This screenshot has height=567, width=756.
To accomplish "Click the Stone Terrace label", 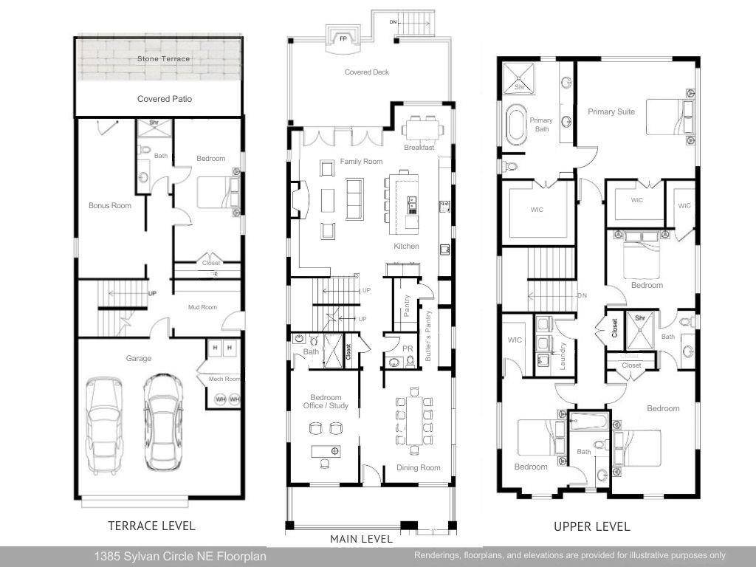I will pyautogui.click(x=163, y=58).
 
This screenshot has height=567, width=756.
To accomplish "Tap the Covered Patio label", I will pyautogui.click(x=165, y=99).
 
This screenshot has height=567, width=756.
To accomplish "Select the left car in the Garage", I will pyautogui.click(x=104, y=422).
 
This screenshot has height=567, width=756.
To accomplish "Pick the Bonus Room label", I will pyautogui.click(x=110, y=205).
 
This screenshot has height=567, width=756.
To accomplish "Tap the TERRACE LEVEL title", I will pyautogui.click(x=151, y=526).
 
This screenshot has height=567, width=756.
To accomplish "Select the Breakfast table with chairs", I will pyautogui.click(x=423, y=129).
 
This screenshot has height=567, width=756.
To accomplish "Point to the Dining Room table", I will pyautogui.click(x=414, y=422).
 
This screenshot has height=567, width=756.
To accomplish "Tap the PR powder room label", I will pyautogui.click(x=407, y=348).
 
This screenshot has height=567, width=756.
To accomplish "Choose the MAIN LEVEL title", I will pyautogui.click(x=361, y=540).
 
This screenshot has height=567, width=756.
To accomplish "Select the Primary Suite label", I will pyautogui.click(x=611, y=112).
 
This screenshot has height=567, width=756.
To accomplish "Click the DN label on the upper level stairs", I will pyautogui.click(x=582, y=295).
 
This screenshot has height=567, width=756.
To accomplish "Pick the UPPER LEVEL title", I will pyautogui.click(x=592, y=526).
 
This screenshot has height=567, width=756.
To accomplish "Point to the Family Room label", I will pyautogui.click(x=361, y=161).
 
